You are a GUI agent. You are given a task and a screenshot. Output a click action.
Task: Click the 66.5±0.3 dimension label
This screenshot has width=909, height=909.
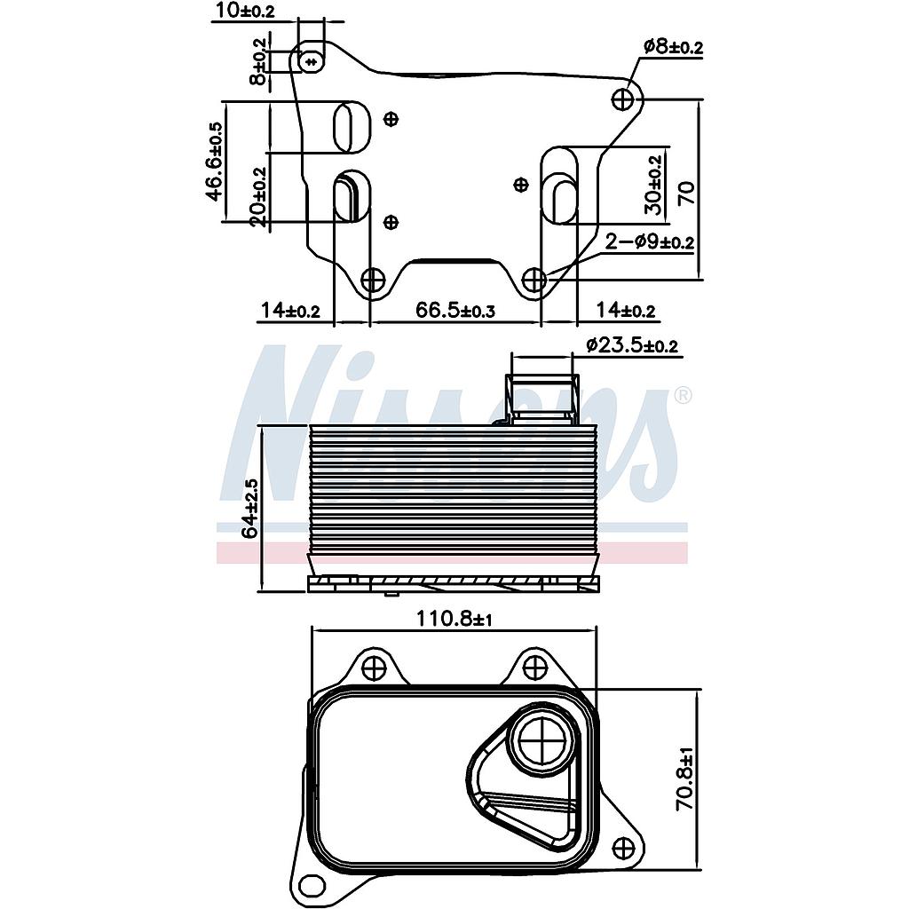click(x=454, y=310)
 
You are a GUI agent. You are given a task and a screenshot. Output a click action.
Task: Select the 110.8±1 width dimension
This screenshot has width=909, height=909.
click(x=454, y=620)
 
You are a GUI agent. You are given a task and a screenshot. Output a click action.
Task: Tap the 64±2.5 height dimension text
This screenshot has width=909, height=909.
click(x=251, y=508)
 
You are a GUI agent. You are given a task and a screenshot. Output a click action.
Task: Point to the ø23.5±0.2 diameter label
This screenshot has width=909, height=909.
click(x=632, y=345)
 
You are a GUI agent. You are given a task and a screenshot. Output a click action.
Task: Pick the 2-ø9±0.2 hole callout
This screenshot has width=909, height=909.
click(x=650, y=241)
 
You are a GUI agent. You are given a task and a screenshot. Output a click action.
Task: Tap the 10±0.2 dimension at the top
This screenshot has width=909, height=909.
click(x=243, y=11)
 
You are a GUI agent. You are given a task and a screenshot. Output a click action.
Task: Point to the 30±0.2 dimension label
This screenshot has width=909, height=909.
click(x=654, y=185)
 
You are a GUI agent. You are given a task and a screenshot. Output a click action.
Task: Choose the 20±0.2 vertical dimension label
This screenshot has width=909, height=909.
click(x=258, y=197)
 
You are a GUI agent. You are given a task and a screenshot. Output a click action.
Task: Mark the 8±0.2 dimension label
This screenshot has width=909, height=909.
click(x=258, y=61)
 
